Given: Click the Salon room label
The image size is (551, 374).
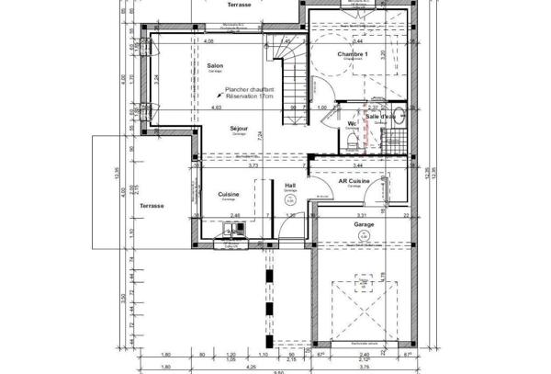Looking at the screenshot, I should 215,65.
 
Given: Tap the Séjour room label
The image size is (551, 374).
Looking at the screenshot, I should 240,130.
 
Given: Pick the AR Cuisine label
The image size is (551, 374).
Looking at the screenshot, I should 354,181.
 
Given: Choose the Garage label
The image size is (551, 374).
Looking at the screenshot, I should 364,223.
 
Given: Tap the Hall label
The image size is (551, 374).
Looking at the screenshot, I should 290,185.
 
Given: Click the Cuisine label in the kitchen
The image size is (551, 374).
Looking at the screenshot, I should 229,194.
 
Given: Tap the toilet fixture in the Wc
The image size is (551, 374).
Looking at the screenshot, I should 353,140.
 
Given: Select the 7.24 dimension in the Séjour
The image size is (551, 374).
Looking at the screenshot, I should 260,135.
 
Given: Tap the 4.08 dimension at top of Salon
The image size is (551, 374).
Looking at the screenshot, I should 208,41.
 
